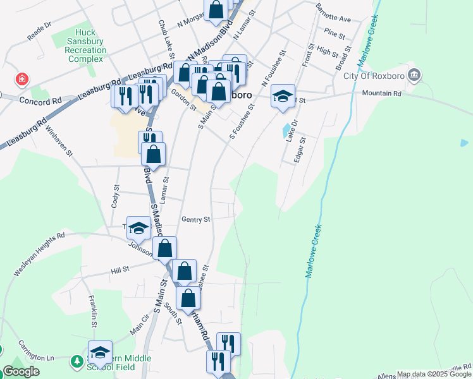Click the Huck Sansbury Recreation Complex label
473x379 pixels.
[85, 45]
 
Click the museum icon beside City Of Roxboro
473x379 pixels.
[414, 76]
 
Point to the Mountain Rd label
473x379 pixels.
[382, 93]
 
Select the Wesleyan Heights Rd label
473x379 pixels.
[39, 254]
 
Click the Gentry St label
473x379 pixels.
[195, 220]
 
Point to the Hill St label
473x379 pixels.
[120, 269]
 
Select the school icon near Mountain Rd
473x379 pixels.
[283, 96]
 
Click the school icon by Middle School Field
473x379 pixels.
[100, 352]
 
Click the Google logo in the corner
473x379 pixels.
[21, 371]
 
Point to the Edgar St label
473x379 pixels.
[300, 150]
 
